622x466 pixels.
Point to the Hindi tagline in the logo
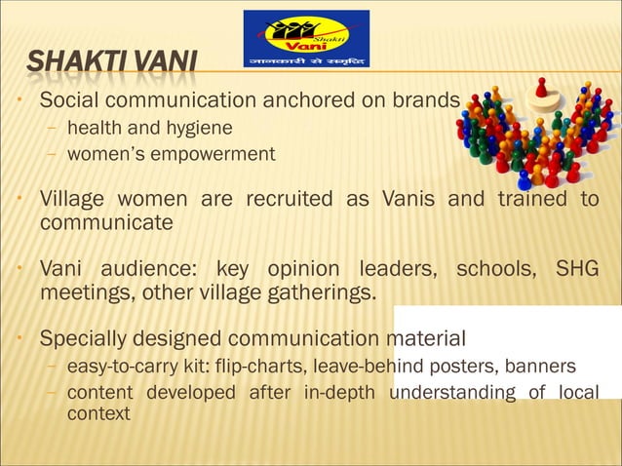[306, 58]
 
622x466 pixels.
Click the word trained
[534, 201]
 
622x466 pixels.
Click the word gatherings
[314, 291]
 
